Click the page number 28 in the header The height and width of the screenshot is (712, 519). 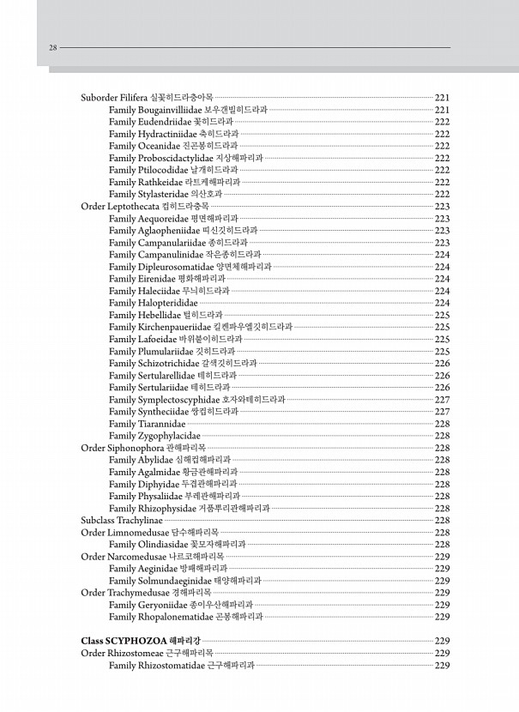(x=53, y=48)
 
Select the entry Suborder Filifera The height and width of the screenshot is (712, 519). (x=114, y=98)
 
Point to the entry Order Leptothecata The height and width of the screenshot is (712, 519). (x=120, y=207)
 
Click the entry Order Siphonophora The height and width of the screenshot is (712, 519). (x=121, y=448)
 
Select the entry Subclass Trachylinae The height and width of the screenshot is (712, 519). (x=121, y=520)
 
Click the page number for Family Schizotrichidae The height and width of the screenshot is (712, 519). (x=443, y=363)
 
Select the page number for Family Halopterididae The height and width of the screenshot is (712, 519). (x=443, y=303)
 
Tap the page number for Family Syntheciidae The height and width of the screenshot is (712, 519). (x=443, y=411)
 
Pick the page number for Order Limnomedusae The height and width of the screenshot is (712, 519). (x=443, y=532)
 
